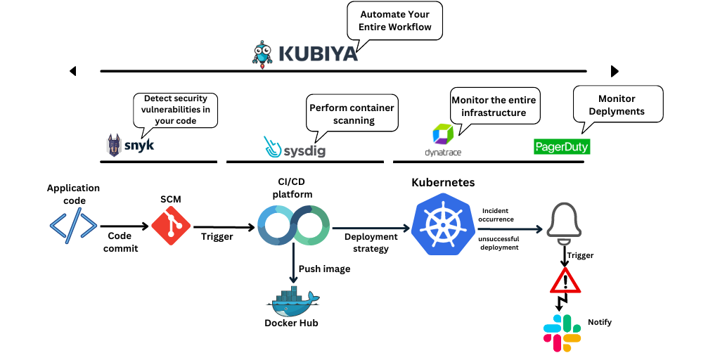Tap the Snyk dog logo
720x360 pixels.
[x=114, y=145]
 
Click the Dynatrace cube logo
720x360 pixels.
[x=444, y=134]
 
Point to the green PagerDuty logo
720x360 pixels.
[x=561, y=147]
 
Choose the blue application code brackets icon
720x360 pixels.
[x=73, y=226]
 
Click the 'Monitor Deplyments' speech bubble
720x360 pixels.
[x=617, y=105]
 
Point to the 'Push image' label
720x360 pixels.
[x=324, y=269]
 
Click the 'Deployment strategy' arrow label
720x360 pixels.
[x=371, y=243]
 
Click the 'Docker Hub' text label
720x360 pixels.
[x=291, y=323]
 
